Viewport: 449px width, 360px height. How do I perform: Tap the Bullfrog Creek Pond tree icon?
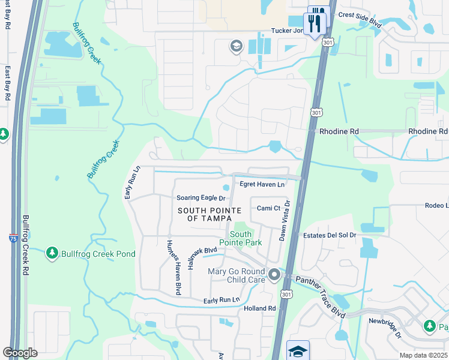coord(52,254)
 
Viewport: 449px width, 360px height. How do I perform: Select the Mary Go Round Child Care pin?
coord(274,275)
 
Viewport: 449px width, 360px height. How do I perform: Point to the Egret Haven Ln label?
coord(262,184)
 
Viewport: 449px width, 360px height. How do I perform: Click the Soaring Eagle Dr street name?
coord(201,198)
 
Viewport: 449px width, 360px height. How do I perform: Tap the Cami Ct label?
coord(268,208)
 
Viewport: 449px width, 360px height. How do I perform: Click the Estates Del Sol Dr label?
coord(330,235)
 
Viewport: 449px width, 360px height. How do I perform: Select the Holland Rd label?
coord(259,308)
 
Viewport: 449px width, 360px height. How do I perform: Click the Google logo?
coord(20,352)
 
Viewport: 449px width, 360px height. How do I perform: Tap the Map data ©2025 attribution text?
coord(423,355)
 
